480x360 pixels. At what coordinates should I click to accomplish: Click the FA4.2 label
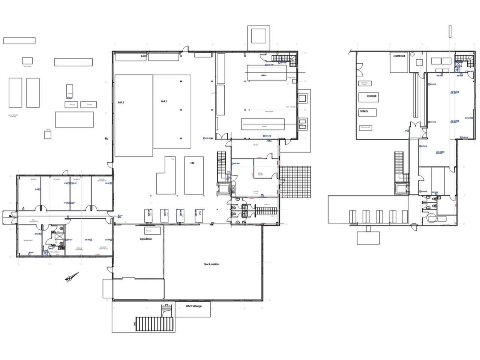(121, 102)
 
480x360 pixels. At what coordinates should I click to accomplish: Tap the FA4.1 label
(163, 101)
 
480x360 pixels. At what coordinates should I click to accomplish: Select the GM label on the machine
(192, 163)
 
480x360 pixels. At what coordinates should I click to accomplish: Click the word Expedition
(146, 239)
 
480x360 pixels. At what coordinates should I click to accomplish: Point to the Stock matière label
(211, 264)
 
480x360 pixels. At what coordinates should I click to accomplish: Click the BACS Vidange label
(193, 306)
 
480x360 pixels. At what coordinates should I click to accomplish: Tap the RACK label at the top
(144, 56)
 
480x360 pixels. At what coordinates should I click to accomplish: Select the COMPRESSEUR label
(398, 56)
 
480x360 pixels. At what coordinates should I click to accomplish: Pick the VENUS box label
(363, 111)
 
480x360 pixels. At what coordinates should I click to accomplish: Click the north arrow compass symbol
(70, 278)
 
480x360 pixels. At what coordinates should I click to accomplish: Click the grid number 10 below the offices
(49, 264)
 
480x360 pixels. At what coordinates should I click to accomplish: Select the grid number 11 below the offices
(81, 264)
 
